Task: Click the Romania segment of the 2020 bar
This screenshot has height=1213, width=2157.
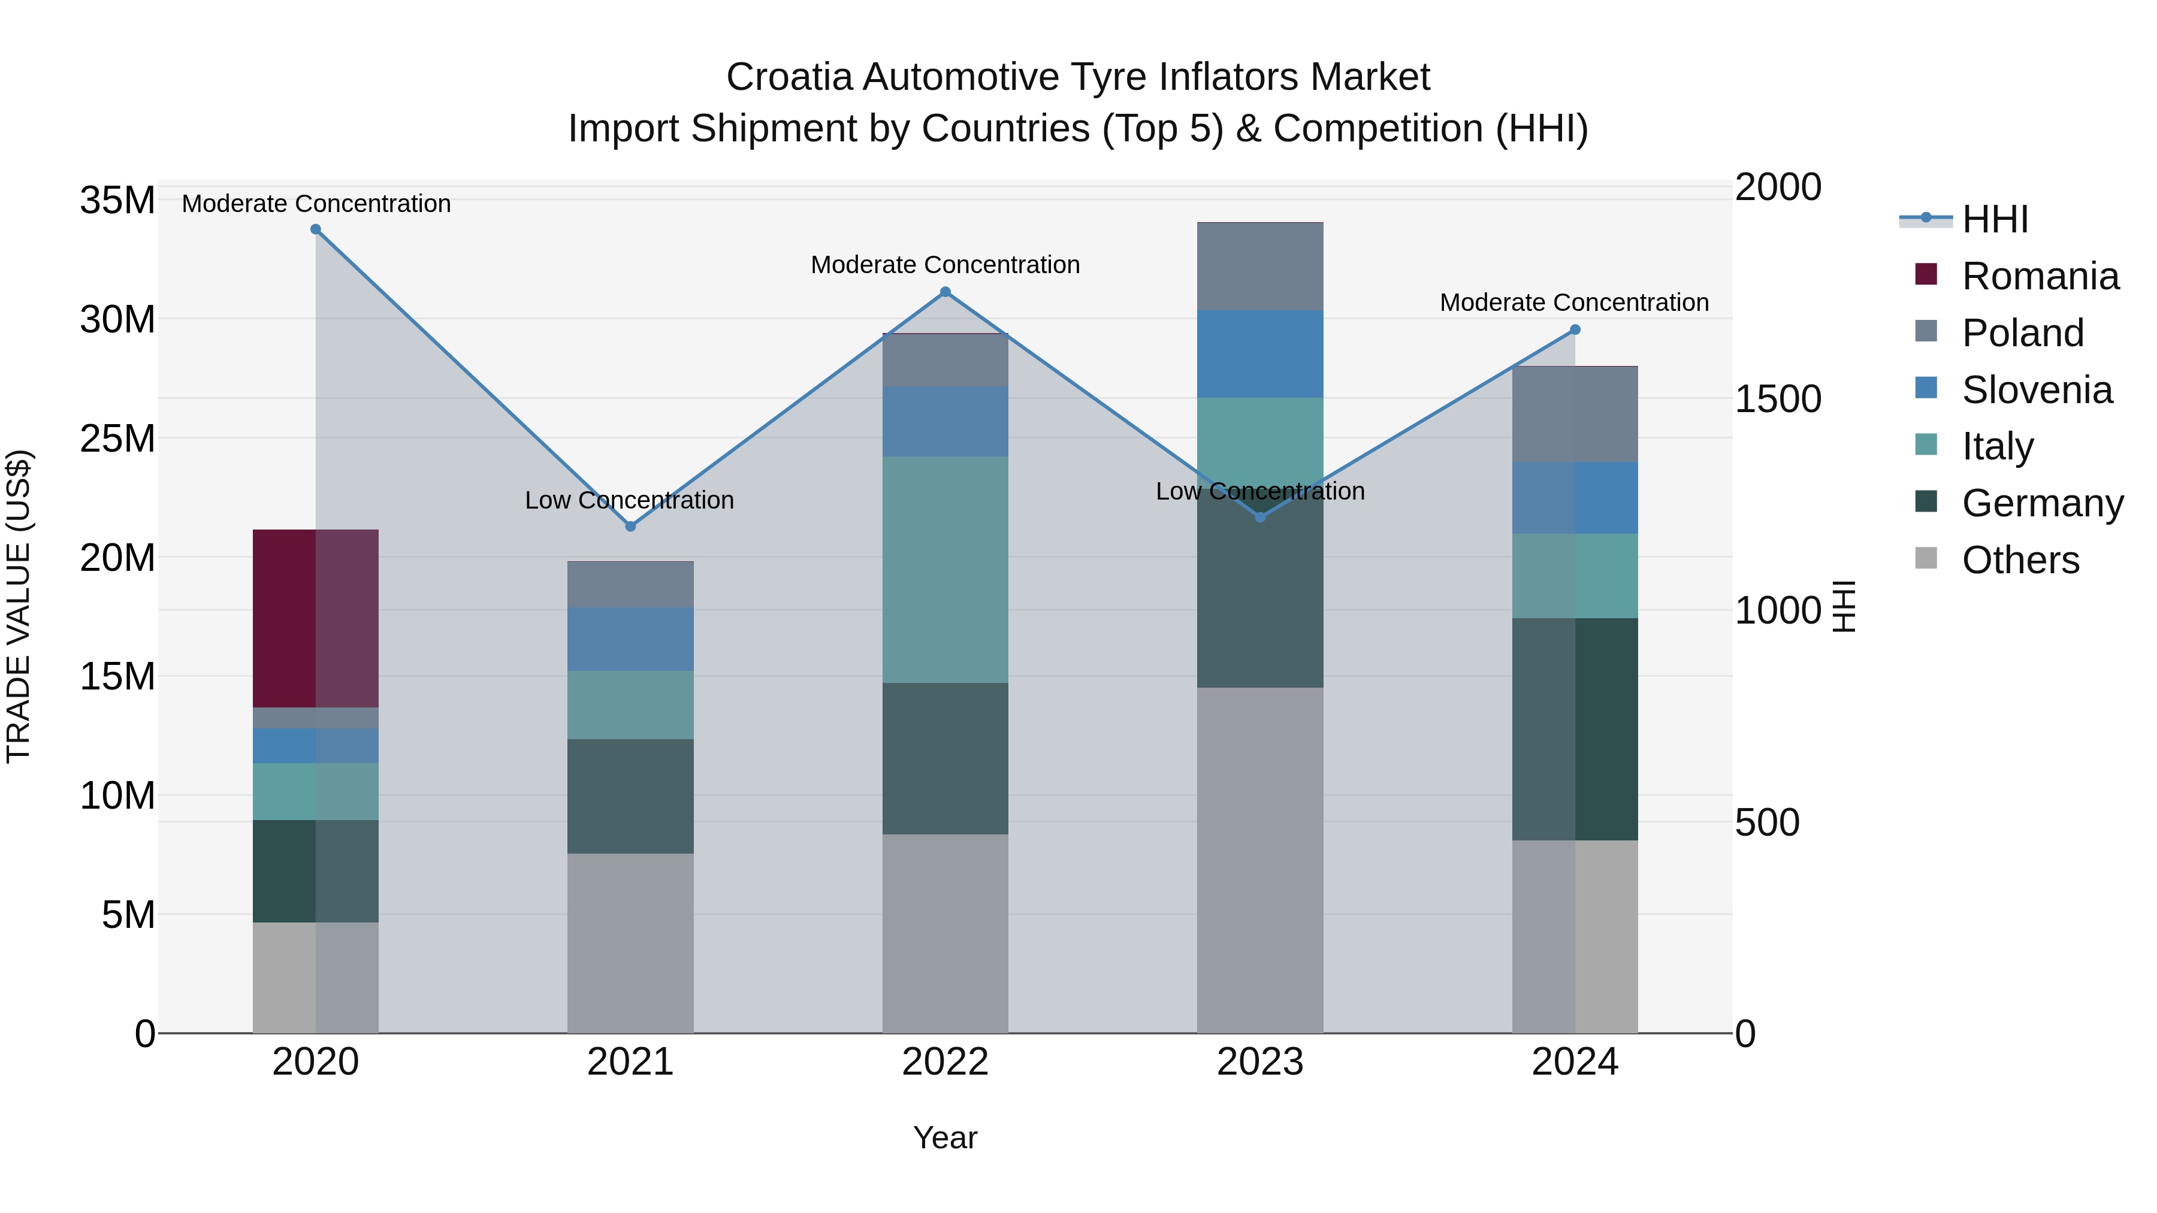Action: pos(316,619)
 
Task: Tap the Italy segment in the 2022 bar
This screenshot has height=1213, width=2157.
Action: pos(945,569)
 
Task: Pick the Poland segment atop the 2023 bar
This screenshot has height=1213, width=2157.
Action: pos(1260,266)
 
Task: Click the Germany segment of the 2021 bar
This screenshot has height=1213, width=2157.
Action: pos(630,795)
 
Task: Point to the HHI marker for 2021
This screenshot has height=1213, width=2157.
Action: pos(630,527)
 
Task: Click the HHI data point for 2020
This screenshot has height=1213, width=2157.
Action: pos(316,229)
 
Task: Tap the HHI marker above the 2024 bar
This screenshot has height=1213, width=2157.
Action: pos(1575,330)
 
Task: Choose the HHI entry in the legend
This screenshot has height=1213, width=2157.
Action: pos(1995,219)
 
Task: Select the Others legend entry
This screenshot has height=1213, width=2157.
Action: pos(2020,560)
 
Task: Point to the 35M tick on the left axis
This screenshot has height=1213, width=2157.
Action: pos(117,201)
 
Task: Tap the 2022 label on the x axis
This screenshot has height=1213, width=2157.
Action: pos(945,1062)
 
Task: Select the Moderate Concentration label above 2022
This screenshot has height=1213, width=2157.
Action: pos(945,265)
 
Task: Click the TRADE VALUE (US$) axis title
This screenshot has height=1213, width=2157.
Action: pos(19,606)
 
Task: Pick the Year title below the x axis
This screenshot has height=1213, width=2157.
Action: pos(945,1138)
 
